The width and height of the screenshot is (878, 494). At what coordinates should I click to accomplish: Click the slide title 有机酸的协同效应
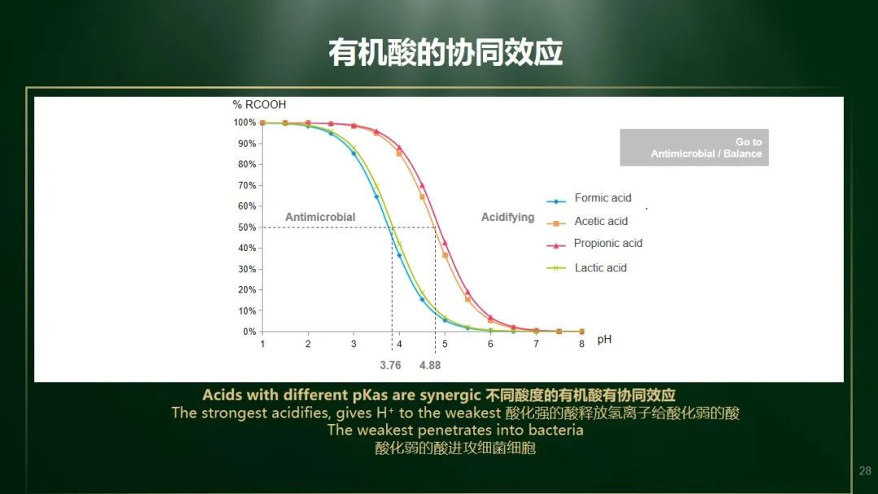pyautogui.click(x=446, y=53)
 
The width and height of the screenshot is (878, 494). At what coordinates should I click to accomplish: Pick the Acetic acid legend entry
pyautogui.click(x=588, y=222)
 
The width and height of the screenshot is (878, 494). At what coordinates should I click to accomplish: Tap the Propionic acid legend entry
pyautogui.click(x=594, y=244)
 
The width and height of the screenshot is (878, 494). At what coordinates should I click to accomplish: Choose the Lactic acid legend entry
pyautogui.click(x=587, y=268)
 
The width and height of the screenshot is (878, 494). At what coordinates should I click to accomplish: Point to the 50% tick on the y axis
pyautogui.click(x=247, y=227)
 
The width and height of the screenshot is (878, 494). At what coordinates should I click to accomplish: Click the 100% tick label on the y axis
pyautogui.click(x=245, y=123)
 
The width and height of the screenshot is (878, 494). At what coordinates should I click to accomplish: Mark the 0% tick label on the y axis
pyautogui.click(x=250, y=331)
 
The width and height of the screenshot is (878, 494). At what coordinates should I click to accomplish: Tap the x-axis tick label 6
pyautogui.click(x=490, y=344)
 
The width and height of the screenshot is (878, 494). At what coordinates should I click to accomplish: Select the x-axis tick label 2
pyautogui.click(x=308, y=344)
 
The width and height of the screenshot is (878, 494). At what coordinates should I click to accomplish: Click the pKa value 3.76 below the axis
pyautogui.click(x=390, y=366)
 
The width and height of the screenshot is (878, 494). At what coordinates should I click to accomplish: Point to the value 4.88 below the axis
pyautogui.click(x=430, y=366)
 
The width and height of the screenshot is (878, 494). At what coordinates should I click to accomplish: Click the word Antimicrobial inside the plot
pyautogui.click(x=320, y=217)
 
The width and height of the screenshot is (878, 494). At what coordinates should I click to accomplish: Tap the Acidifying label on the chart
pyautogui.click(x=508, y=217)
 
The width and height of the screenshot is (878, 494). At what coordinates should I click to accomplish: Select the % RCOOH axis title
pyautogui.click(x=259, y=105)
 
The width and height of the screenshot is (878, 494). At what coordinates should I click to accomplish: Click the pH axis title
pyautogui.click(x=604, y=340)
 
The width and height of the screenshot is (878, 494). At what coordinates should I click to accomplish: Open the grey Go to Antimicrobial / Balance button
pyautogui.click(x=694, y=148)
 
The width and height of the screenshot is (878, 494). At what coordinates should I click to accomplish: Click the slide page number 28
pyautogui.click(x=865, y=471)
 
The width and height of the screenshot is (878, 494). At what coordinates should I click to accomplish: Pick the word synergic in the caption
pyautogui.click(x=450, y=396)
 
